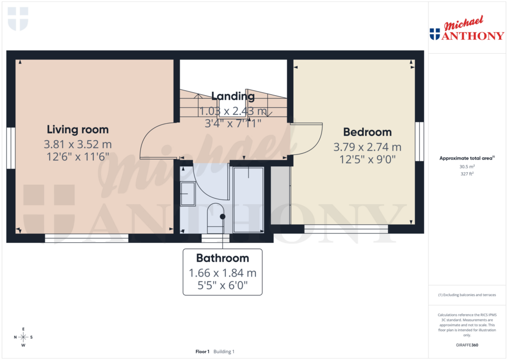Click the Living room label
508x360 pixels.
[x=77, y=130]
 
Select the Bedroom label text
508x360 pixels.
[x=367, y=132]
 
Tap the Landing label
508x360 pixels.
[x=233, y=96]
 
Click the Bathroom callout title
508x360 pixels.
[x=222, y=258]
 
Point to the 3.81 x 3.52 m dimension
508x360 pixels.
[x=77, y=145]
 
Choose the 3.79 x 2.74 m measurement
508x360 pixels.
[x=367, y=147]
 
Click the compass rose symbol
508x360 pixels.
[x=23, y=337]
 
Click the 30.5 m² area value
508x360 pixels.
[x=467, y=167]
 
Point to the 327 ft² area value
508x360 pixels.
[x=467, y=174]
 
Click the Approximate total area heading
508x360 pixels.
[x=466, y=158]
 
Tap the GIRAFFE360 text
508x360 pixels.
[x=467, y=345]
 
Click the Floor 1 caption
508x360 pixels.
[x=202, y=352]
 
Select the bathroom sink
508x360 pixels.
[x=188, y=194]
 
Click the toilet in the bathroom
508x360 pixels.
[x=216, y=217]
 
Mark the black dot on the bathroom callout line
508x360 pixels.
[x=223, y=216]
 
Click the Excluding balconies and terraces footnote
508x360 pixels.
[x=467, y=295]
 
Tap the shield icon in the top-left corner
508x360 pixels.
[x=18, y=19]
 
